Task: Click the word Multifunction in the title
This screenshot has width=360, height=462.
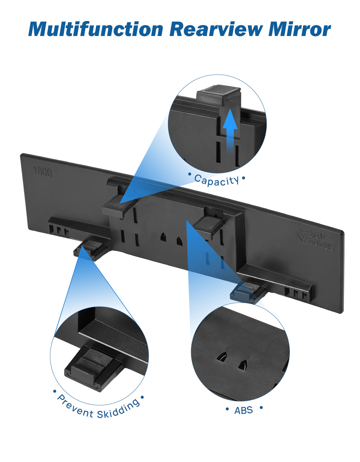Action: [96, 29]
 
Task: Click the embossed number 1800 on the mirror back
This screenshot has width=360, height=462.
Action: [43, 171]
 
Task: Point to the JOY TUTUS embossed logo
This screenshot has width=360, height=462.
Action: [316, 239]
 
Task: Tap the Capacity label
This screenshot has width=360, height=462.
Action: [217, 181]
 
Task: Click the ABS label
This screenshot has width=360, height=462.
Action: [244, 410]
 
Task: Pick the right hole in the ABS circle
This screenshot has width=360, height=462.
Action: [243, 364]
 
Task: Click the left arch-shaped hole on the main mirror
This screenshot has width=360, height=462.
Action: [163, 236]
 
